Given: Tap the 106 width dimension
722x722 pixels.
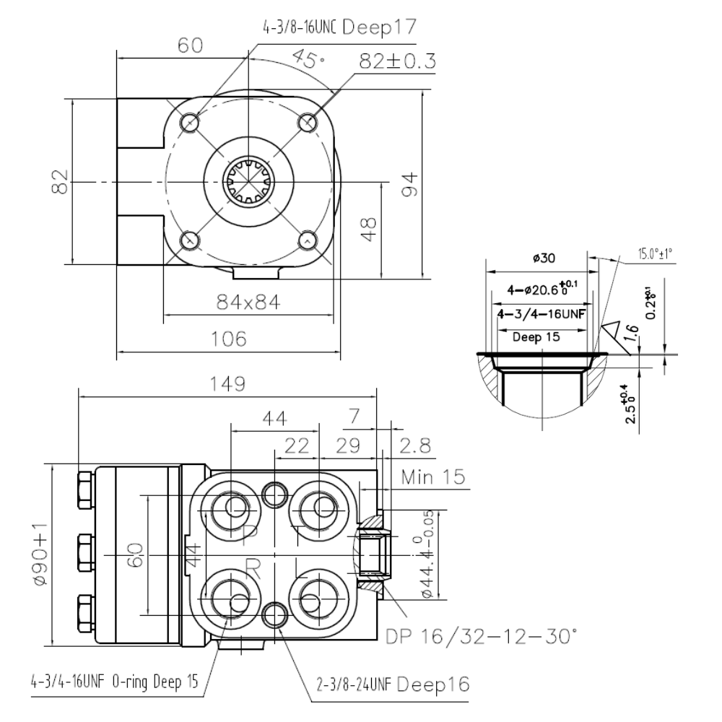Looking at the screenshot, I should click(x=229, y=338).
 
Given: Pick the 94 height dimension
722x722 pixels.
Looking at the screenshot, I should click(x=409, y=183).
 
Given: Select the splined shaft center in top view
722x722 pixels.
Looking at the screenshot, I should click(x=248, y=180).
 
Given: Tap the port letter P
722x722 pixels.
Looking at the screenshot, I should click(x=251, y=536).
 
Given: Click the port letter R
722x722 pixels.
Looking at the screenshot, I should click(x=252, y=568).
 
